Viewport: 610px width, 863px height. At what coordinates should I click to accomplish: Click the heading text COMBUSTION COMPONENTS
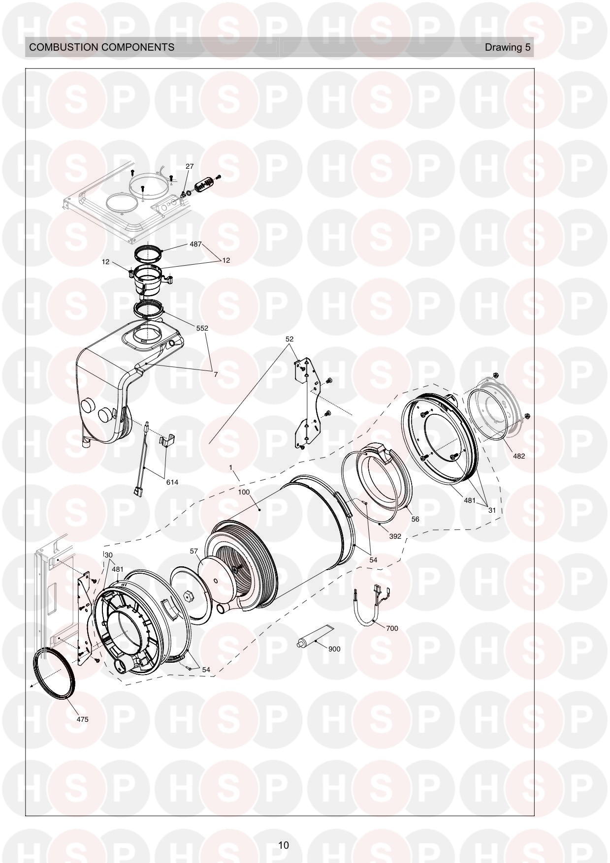102,47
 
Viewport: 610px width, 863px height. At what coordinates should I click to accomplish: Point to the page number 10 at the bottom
284,845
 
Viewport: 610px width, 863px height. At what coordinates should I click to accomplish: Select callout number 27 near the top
190,167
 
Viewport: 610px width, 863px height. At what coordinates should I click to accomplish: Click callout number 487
196,244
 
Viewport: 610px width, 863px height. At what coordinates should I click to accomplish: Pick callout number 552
202,328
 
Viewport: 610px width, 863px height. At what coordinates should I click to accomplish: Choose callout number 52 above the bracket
289,339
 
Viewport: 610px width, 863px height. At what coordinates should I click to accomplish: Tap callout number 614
172,482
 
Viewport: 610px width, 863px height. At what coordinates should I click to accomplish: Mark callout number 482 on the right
519,456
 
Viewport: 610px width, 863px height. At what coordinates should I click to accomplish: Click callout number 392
395,536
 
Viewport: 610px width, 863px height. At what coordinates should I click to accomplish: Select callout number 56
415,519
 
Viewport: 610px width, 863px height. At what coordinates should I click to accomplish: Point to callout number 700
392,628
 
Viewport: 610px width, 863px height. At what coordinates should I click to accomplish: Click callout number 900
334,649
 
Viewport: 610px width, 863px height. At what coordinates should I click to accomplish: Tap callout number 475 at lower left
82,719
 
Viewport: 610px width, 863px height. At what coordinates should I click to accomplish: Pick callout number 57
194,552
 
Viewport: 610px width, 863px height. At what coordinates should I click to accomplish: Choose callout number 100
244,492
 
